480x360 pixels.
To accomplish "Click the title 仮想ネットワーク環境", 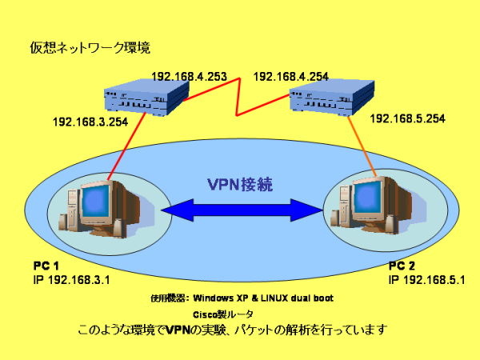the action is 90,48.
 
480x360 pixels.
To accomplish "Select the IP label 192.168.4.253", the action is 189,77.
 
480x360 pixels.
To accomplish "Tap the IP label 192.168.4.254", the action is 291,77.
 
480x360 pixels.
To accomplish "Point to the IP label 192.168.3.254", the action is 90,122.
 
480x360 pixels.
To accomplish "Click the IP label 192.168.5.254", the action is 407,118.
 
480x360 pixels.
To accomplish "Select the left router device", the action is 146,97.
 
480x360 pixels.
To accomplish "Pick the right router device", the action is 332,98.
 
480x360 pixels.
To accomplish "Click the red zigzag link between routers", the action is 238,98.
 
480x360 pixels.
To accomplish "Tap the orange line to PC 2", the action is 362,146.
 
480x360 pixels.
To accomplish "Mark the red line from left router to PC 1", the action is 126,146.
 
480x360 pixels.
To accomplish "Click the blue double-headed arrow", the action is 242,210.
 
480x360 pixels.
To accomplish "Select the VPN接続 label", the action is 240,184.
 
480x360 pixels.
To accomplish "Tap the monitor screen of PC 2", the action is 367,197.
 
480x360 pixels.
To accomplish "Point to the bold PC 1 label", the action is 46,266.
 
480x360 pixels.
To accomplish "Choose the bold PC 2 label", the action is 402,266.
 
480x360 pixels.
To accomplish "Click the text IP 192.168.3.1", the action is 71,280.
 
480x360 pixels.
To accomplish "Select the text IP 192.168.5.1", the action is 426,280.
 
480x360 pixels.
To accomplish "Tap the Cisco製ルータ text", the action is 223,314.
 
